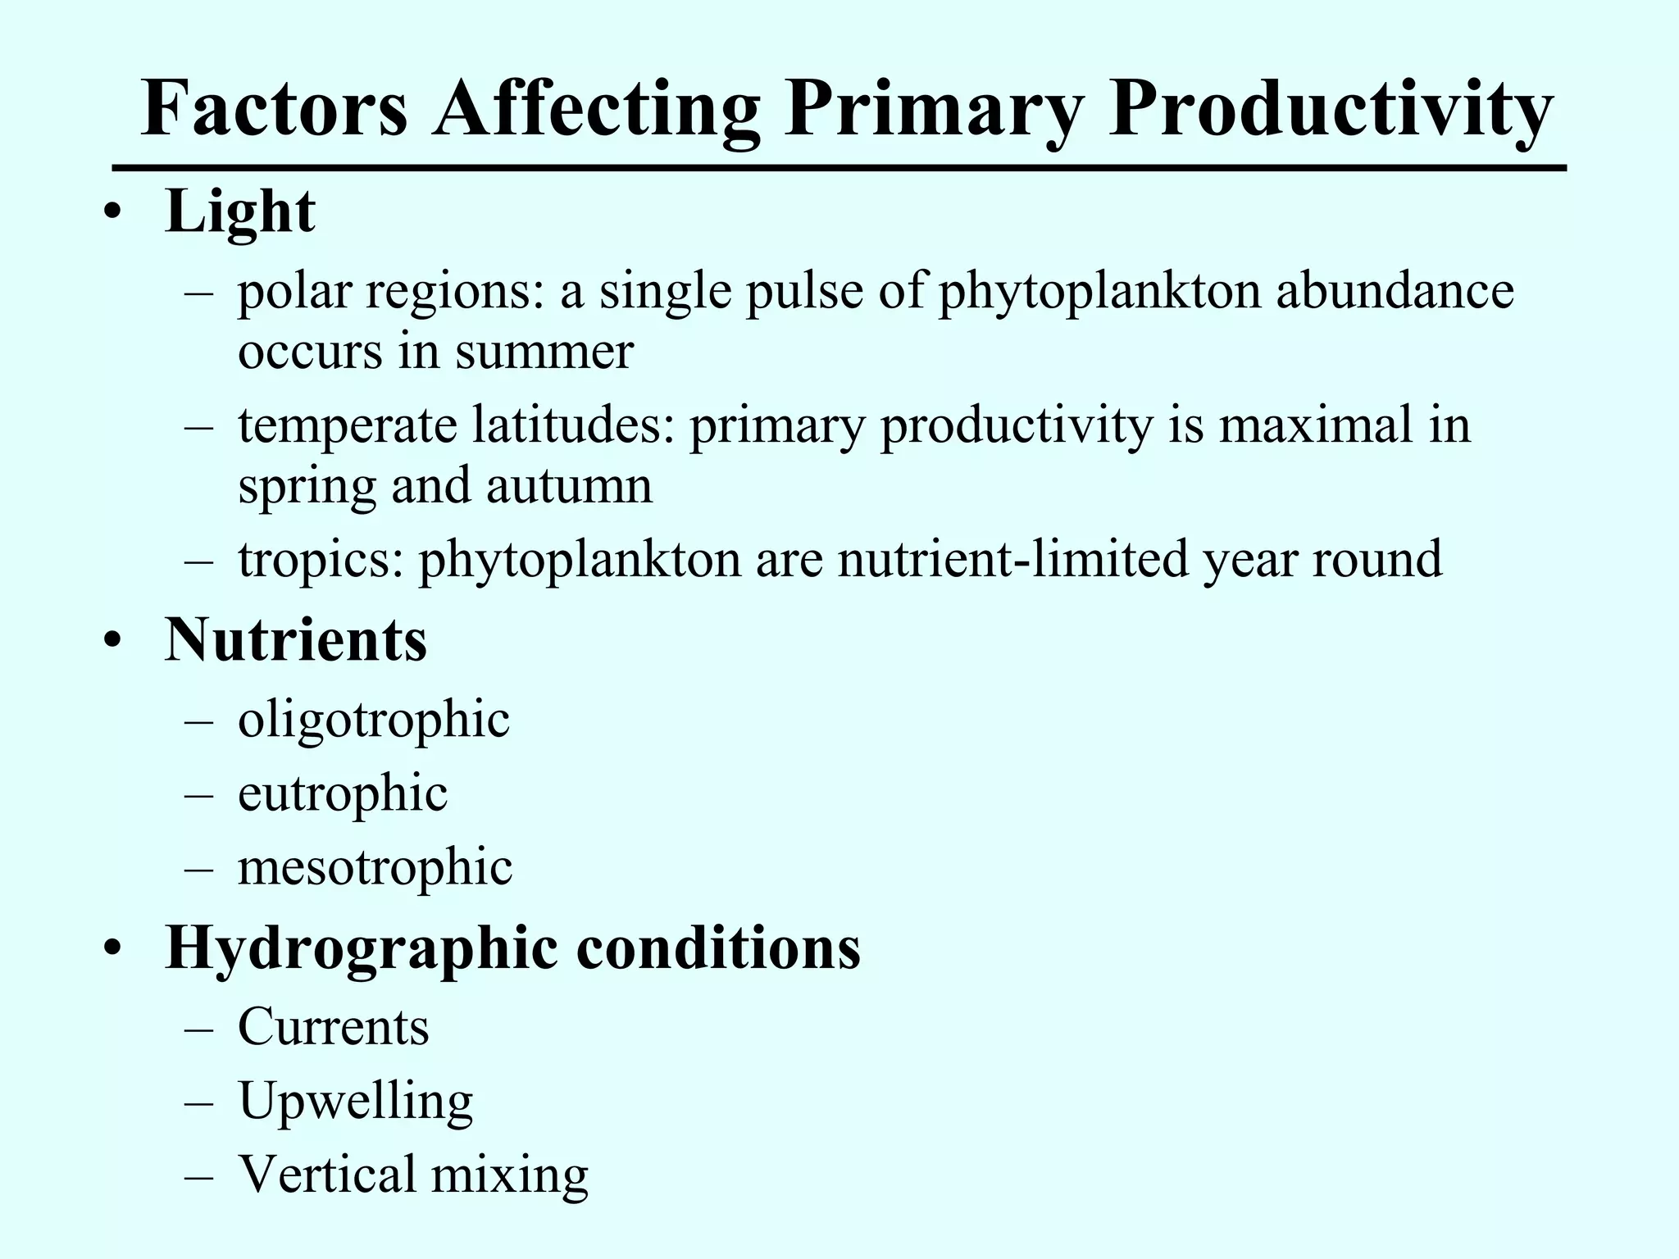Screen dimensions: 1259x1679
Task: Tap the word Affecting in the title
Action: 597,111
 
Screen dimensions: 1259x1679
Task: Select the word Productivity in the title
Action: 1330,111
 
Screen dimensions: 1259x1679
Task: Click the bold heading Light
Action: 239,212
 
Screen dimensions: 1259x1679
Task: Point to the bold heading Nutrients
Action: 296,639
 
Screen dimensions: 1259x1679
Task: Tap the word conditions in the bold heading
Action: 718,948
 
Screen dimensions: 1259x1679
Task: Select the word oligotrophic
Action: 374,720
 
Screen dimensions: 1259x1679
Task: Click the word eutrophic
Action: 343,794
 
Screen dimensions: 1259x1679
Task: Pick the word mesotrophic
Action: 375,867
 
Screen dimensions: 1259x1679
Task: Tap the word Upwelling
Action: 356,1102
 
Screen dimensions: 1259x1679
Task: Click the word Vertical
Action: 327,1173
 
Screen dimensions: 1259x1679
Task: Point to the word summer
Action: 544,352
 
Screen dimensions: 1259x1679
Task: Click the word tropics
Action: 321,561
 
